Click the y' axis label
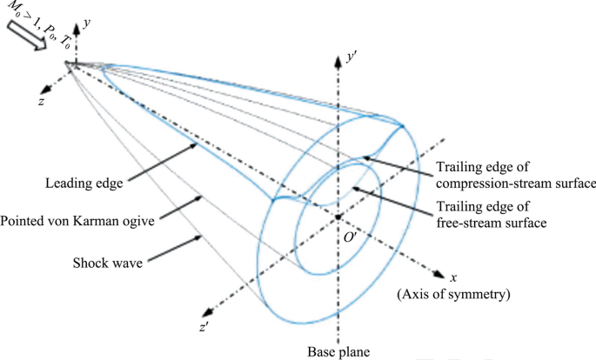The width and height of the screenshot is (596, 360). point(352,54)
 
